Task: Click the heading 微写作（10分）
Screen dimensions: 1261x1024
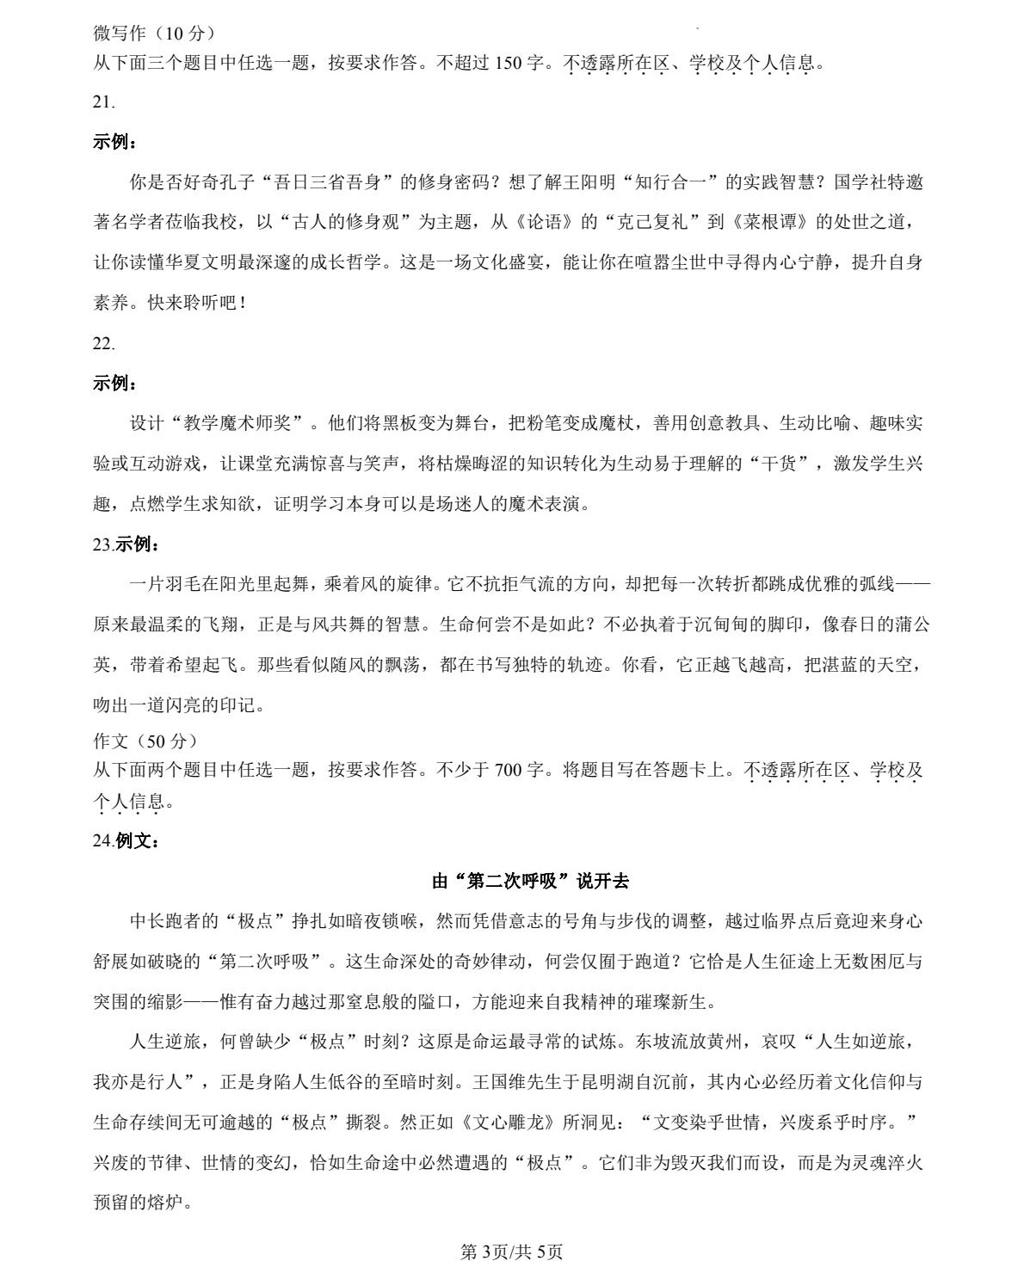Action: pyautogui.click(x=154, y=34)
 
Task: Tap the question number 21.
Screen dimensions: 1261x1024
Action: pyautogui.click(x=103, y=102)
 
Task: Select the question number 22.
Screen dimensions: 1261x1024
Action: pyautogui.click(x=103, y=343)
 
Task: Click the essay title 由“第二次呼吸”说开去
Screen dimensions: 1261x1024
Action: pyautogui.click(x=530, y=882)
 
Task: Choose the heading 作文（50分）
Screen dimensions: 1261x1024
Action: pyautogui.click(x=145, y=741)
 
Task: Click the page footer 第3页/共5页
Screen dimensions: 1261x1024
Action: pyautogui.click(x=512, y=1251)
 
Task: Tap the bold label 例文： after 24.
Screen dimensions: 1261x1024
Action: pyautogui.click(x=138, y=841)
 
